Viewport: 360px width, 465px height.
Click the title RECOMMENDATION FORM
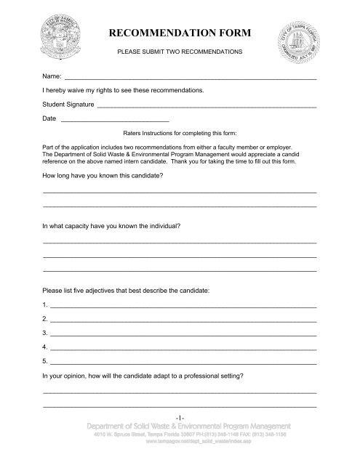180,33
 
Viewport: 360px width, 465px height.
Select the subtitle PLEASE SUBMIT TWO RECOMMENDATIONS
180,53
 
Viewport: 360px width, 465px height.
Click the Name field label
52,75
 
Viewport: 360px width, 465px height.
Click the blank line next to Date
115,120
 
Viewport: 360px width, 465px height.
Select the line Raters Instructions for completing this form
180,133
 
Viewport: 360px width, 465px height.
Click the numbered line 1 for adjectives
182,306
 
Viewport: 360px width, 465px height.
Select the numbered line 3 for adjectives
182,333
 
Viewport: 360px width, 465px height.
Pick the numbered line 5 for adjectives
182,361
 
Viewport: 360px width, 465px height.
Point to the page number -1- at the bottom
180,415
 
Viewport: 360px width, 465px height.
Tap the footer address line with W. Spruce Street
180,434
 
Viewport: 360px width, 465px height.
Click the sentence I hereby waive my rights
124,91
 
